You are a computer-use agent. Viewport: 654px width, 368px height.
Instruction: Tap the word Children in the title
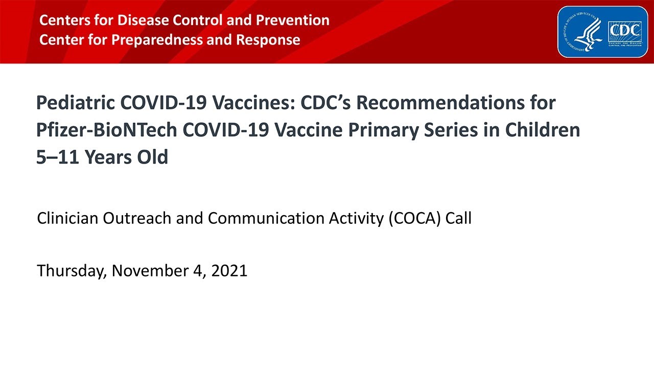click(543, 130)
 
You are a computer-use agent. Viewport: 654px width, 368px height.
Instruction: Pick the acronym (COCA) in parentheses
click(414, 219)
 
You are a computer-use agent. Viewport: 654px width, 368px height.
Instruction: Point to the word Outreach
click(138, 219)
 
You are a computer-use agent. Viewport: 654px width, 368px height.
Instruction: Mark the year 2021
click(229, 271)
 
